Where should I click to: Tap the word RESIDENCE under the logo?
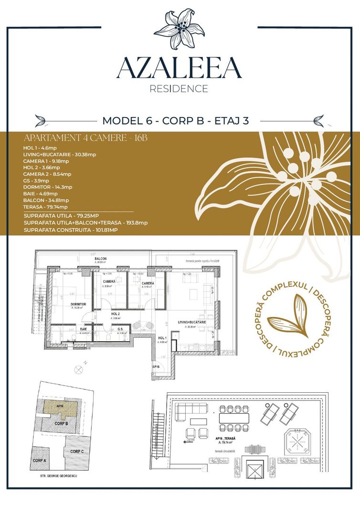coord(179,89)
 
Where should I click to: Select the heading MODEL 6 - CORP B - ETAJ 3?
coord(176,120)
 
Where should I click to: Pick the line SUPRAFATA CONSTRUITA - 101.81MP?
coord(70,230)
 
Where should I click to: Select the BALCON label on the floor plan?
coord(100,258)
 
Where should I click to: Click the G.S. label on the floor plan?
coord(121,329)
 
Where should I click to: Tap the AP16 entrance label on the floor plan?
coord(156,366)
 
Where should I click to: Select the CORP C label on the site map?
coord(77,451)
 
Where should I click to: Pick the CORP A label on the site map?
coord(39,461)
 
